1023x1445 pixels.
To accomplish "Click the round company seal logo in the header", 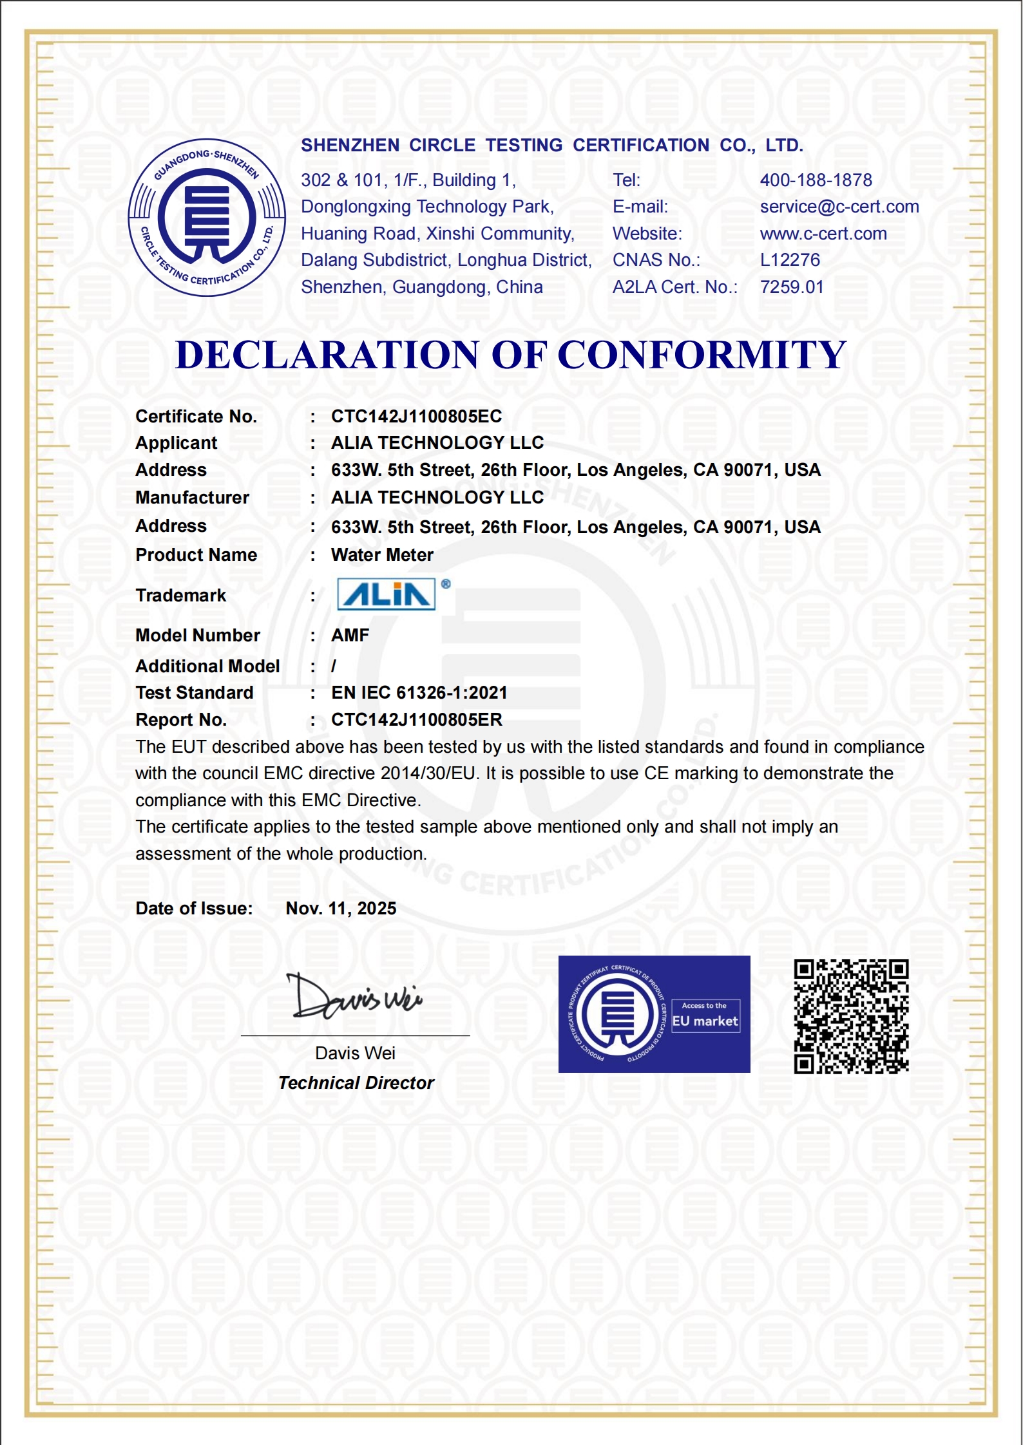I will point(207,218).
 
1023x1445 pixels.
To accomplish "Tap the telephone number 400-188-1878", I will point(816,180).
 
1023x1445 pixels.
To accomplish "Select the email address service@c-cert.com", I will point(839,207).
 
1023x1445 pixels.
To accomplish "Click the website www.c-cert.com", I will point(823,234).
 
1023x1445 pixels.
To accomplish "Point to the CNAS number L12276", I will point(790,260).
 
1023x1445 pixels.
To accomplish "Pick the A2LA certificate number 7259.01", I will point(792,287).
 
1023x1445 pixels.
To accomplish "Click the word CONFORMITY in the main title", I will point(702,355).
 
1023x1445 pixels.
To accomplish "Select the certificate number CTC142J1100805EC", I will point(416,417).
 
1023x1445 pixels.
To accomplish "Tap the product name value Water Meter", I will point(382,555).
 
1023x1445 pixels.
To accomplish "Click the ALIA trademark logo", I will point(387,594).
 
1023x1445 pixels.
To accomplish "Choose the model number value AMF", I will point(350,636).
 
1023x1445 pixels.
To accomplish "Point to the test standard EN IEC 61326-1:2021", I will point(419,693).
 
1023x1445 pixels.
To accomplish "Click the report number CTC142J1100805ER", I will point(416,720).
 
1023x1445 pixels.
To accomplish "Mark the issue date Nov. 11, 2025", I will point(341,909).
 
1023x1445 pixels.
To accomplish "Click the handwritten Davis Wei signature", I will point(355,997).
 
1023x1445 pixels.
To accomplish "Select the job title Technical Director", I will point(356,1083).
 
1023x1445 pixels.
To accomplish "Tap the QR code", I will point(850,1016).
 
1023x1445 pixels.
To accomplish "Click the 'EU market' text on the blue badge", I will point(705,1021).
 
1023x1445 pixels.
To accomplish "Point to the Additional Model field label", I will point(207,666).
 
